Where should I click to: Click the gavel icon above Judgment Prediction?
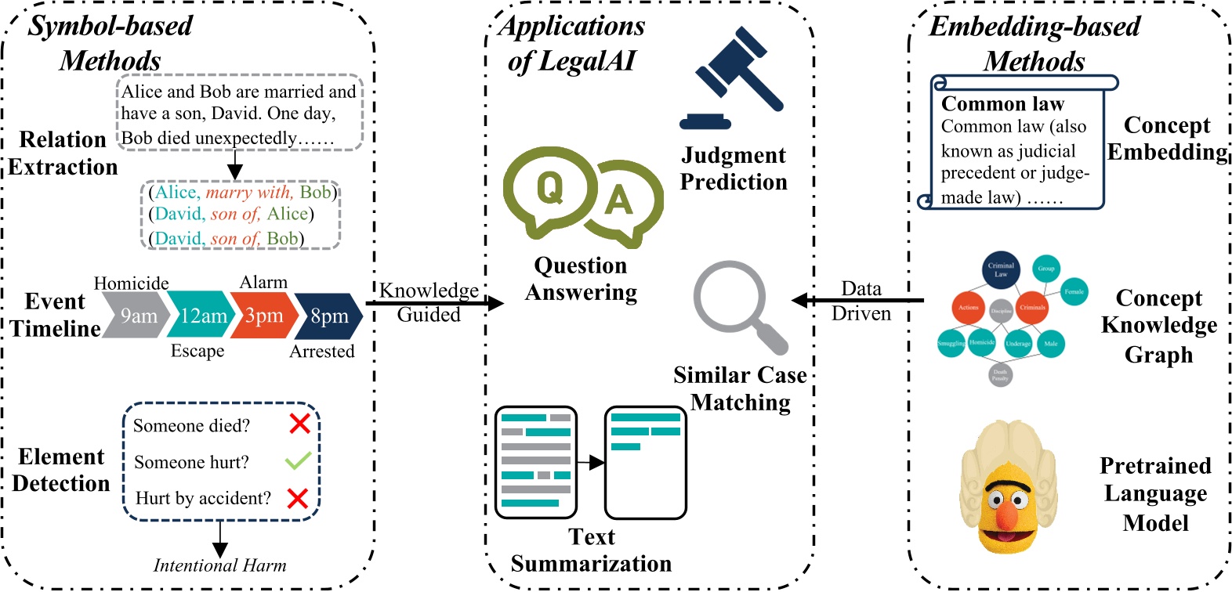733,78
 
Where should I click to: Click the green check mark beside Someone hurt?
298,460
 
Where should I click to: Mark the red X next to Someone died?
299,424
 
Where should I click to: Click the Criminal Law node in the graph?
1001,270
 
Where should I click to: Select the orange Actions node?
968,308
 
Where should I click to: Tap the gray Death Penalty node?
1000,374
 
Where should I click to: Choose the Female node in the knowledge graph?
1074,291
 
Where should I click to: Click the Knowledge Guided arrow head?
495,303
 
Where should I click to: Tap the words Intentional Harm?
219,565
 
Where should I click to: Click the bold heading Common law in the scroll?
1002,104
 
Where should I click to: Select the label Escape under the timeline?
197,351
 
